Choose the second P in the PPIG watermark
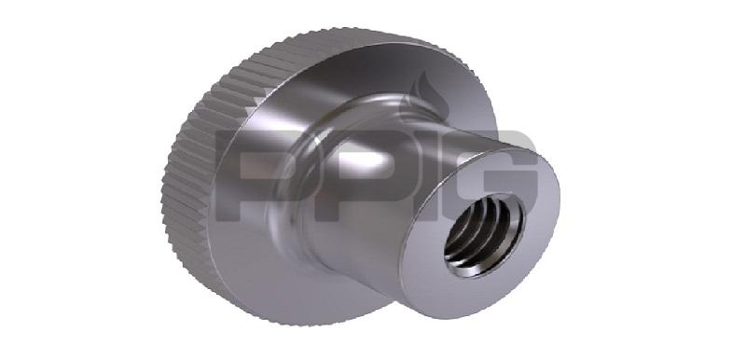tap(348, 175)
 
